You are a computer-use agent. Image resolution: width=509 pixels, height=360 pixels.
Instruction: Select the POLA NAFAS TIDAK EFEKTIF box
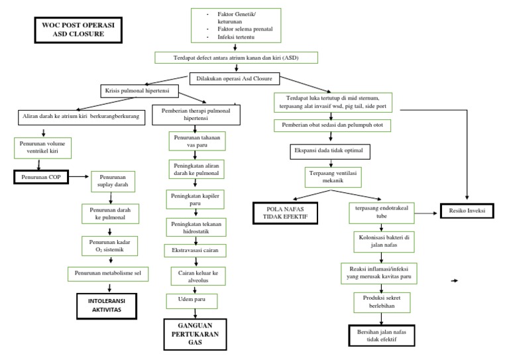pyautogui.click(x=285, y=213)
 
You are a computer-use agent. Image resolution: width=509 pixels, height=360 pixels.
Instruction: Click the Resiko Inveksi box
pyautogui.click(x=469, y=211)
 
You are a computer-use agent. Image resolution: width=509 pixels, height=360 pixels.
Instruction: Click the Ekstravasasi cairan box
pyautogui.click(x=196, y=251)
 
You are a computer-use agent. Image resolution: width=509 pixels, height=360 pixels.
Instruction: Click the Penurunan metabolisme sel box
pyautogui.click(x=109, y=273)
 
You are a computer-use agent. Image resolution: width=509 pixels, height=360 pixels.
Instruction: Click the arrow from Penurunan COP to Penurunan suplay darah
pyautogui.click(x=78, y=177)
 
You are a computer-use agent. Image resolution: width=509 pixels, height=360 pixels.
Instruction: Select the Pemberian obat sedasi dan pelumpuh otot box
pyautogui.click(x=331, y=125)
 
